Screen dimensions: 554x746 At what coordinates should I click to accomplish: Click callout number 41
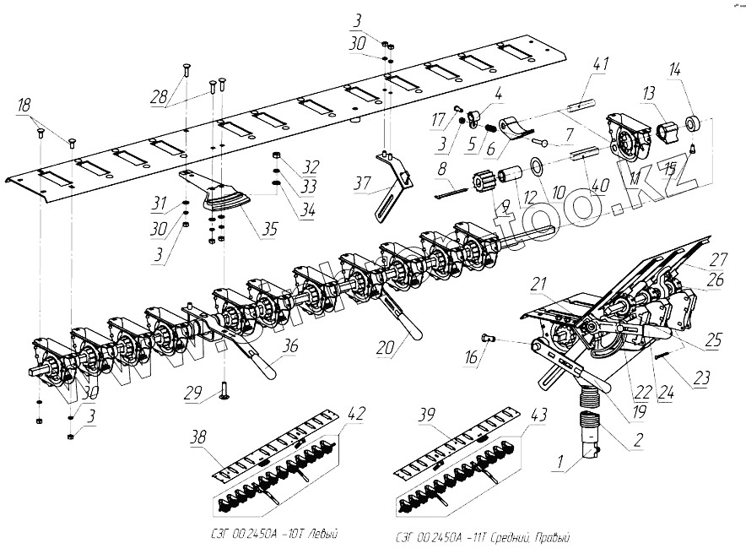coord(600,64)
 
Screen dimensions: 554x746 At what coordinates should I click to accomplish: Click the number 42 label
coord(356,414)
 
